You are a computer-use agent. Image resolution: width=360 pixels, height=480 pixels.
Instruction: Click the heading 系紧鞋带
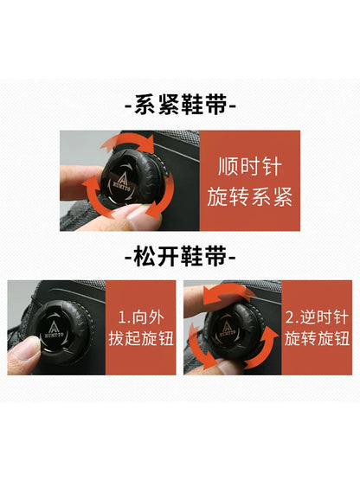(181, 105)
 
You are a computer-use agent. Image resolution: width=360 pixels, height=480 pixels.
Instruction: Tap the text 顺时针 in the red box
(250, 167)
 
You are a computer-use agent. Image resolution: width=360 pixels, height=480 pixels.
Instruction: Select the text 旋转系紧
(250, 196)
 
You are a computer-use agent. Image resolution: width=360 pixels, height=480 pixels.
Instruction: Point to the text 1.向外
(141, 317)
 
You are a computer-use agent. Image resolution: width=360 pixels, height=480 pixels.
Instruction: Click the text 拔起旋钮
(141, 338)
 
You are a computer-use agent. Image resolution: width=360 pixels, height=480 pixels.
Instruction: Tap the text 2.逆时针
(317, 317)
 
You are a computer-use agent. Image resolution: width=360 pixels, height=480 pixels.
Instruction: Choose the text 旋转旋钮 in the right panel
(317, 338)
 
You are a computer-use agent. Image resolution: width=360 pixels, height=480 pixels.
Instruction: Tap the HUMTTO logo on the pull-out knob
(54, 330)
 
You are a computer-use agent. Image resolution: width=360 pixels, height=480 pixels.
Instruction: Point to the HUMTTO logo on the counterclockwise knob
(227, 330)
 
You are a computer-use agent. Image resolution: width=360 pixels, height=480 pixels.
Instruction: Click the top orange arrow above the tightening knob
(129, 142)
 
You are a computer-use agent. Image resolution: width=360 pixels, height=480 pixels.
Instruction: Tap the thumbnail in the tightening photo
(143, 217)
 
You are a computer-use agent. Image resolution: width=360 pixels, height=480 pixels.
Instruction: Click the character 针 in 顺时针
(272, 167)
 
